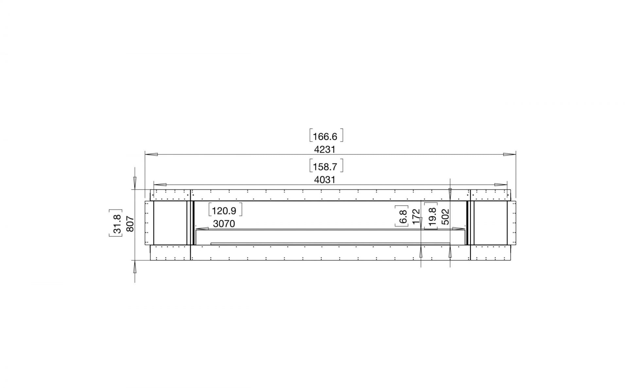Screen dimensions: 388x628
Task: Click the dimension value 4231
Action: click(x=324, y=149)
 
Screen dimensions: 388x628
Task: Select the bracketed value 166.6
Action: click(x=325, y=136)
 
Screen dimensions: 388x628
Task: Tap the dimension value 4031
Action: click(x=324, y=180)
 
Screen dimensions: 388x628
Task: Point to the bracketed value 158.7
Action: click(x=325, y=167)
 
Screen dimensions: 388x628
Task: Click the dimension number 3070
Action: click(x=224, y=224)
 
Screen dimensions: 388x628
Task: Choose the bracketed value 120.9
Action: click(x=224, y=211)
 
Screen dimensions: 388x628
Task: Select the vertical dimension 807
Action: click(x=130, y=224)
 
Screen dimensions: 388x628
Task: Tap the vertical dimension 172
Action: click(x=416, y=217)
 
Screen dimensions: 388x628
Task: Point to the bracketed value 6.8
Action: click(x=403, y=217)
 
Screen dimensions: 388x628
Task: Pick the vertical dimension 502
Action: click(x=445, y=217)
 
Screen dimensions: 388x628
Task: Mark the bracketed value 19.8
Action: click(x=432, y=217)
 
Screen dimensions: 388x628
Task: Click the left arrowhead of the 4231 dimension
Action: click(x=151, y=154)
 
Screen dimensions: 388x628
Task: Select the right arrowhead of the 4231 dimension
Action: click(x=509, y=154)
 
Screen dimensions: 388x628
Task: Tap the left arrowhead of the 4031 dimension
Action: click(x=160, y=185)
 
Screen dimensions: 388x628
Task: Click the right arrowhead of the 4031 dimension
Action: click(x=501, y=185)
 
